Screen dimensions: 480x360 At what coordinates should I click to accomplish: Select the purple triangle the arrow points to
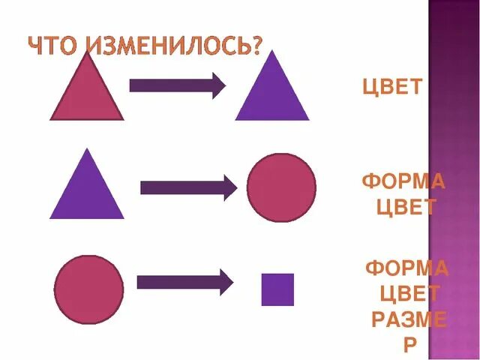pyautogui.click(x=271, y=94)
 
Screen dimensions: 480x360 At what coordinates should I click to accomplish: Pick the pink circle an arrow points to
pyautogui.click(x=281, y=187)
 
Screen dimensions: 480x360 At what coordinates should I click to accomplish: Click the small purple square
pyautogui.click(x=277, y=289)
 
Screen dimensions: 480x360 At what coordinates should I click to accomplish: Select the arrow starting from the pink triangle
pyautogui.click(x=177, y=85)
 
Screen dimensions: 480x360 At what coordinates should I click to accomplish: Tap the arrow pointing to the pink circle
pyautogui.click(x=188, y=187)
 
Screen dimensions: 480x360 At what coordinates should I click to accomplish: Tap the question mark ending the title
pyautogui.click(x=256, y=46)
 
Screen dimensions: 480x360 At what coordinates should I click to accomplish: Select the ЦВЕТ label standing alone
pyautogui.click(x=394, y=88)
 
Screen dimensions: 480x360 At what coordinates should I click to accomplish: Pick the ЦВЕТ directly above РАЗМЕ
pyautogui.click(x=409, y=293)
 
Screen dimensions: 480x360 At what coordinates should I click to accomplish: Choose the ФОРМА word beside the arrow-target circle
pyautogui.click(x=403, y=182)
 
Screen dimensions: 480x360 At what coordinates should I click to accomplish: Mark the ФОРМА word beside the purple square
pyautogui.click(x=407, y=268)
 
